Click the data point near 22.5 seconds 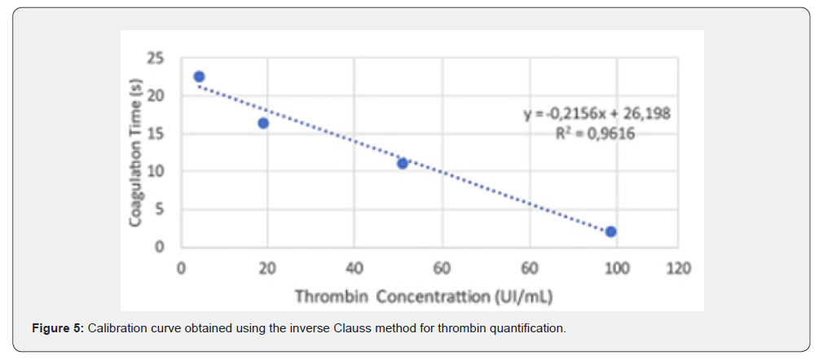(199, 77)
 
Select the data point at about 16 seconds (263, 123)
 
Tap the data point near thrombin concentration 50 (403, 163)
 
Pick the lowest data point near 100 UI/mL (610, 232)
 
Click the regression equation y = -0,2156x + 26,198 (596, 114)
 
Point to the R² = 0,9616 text (596, 134)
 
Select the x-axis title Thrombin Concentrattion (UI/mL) (424, 296)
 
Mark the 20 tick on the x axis (268, 269)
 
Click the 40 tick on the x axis (354, 269)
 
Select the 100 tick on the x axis (618, 269)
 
